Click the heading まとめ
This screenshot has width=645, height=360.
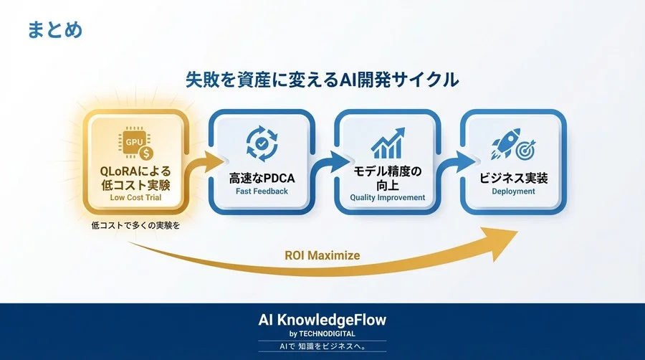coord(55,30)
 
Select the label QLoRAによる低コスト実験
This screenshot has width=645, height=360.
coord(135,179)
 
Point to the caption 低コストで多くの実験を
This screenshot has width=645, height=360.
coord(135,226)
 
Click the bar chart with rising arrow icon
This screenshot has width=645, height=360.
coord(387,143)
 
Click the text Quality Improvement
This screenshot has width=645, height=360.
coord(387,197)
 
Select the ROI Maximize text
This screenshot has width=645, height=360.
coord(322,255)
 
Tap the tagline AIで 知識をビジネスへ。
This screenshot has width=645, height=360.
coord(322,347)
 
